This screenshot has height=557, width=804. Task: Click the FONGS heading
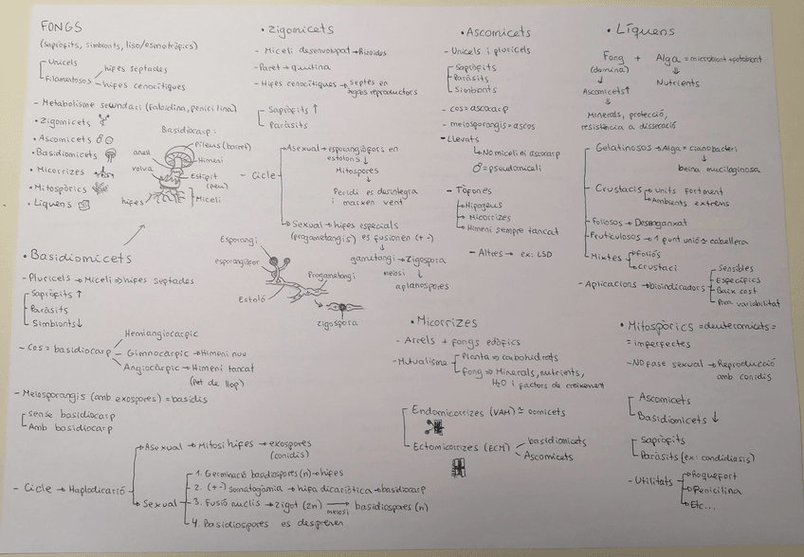coord(58,27)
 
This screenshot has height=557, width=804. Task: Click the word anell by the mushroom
coord(141,151)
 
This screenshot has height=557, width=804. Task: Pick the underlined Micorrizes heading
coord(445,322)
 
